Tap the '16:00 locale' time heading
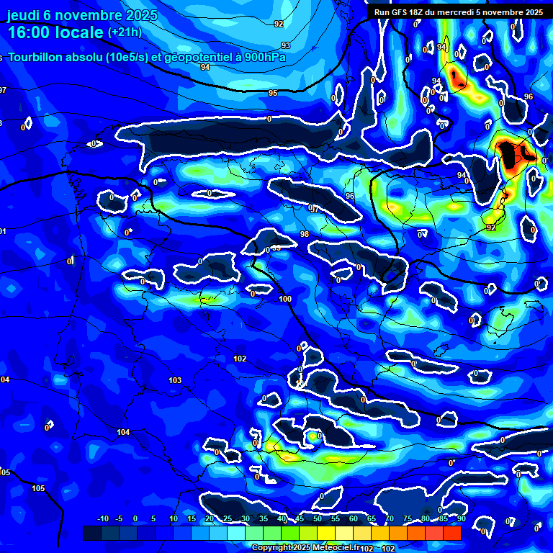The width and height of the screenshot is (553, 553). click(x=55, y=32)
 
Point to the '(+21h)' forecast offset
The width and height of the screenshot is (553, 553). click(x=125, y=32)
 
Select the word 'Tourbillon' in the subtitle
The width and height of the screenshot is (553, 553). click(x=34, y=57)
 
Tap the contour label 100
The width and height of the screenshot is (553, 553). click(x=285, y=299)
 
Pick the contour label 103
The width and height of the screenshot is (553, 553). click(x=175, y=380)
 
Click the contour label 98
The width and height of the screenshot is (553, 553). click(x=304, y=235)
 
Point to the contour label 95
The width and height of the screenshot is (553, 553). click(x=273, y=94)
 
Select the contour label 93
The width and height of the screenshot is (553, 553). click(x=286, y=45)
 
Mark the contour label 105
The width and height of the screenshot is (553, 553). click(x=38, y=488)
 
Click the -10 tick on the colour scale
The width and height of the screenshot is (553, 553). click(x=103, y=519)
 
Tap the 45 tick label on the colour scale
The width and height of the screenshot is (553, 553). click(x=300, y=519)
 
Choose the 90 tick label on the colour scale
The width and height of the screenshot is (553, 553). click(x=460, y=519)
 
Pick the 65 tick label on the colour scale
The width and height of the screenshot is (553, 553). click(x=372, y=519)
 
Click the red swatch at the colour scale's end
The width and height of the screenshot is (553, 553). click(x=451, y=533)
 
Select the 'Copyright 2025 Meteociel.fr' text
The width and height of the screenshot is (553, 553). click(x=305, y=547)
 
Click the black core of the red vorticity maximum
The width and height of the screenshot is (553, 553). click(x=512, y=154)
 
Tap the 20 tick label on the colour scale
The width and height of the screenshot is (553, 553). click(x=210, y=519)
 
